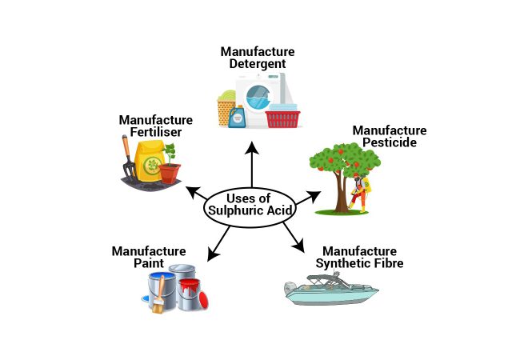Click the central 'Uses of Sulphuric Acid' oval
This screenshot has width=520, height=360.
[x=250, y=208]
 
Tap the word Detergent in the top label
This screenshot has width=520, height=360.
[x=258, y=64]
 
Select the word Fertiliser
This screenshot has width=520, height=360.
[x=155, y=132]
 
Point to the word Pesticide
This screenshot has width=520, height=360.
[x=390, y=142]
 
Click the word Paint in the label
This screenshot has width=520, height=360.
[x=149, y=263]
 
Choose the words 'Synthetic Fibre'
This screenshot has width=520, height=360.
[x=359, y=263]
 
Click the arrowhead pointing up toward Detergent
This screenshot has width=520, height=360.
[x=252, y=147]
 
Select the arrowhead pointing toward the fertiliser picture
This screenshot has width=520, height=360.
[x=193, y=192]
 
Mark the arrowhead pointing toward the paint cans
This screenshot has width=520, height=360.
[x=212, y=255]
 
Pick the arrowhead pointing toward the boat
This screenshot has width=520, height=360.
[x=298, y=246]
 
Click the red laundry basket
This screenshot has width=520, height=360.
[x=283, y=119]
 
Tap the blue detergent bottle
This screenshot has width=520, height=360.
[x=237, y=117]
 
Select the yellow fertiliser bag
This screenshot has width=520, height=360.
[x=149, y=161]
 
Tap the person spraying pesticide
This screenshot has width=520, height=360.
[x=361, y=193]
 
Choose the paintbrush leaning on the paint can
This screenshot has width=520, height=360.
[x=159, y=295]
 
